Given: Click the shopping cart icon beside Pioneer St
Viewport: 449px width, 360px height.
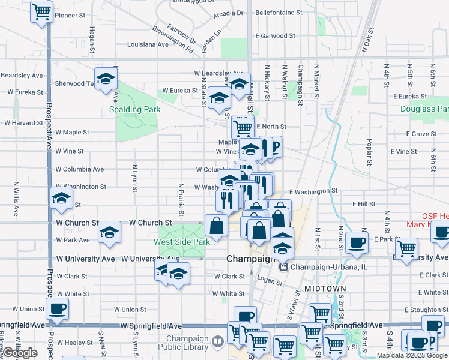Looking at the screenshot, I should point(41,11).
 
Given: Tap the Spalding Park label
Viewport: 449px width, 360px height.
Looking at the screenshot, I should point(134,109).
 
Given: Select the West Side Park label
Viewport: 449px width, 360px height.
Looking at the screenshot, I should point(182,242).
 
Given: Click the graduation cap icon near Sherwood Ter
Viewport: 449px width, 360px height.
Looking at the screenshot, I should point(106,79).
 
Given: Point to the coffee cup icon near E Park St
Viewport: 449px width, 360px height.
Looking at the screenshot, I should point(357,242).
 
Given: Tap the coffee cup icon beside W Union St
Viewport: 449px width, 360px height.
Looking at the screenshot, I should point(58,309).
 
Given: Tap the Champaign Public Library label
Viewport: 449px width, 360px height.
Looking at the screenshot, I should point(182,341).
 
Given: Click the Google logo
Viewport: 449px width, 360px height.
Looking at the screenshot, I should point(20,353).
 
